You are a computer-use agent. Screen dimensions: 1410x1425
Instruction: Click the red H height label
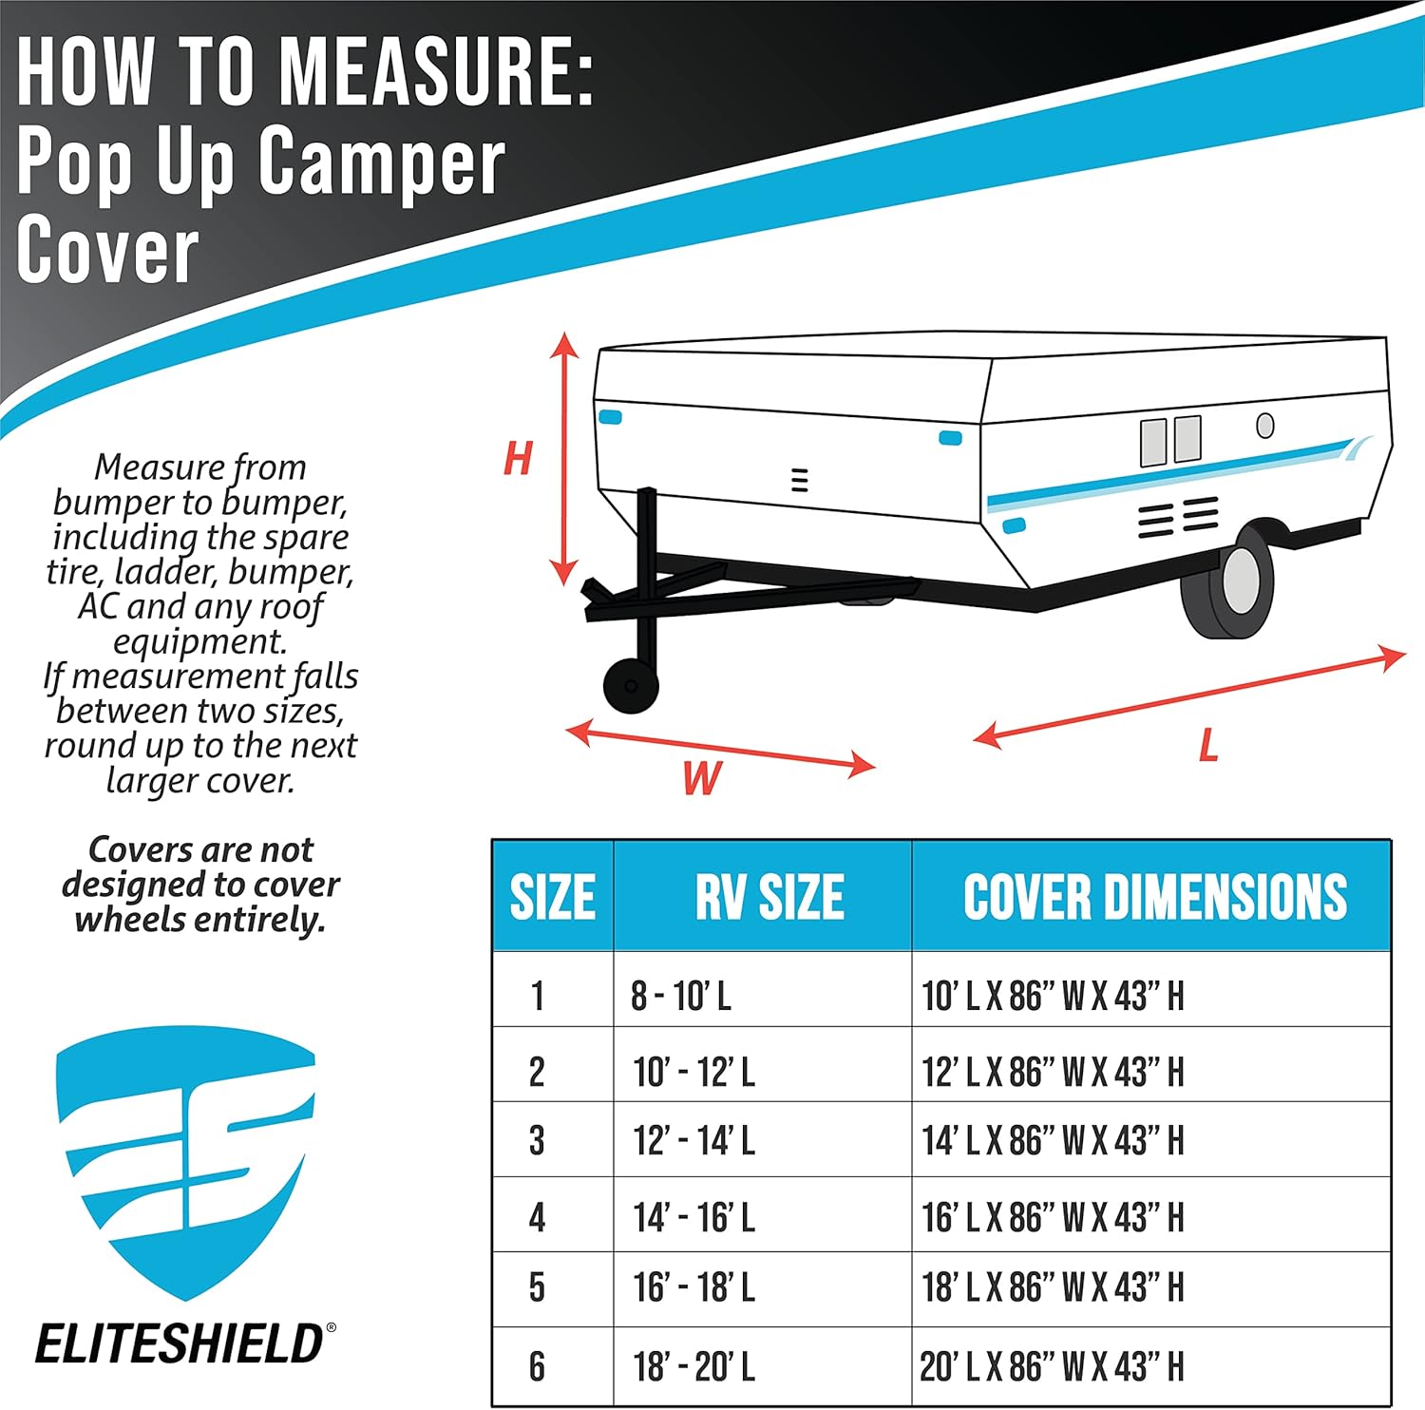click(518, 459)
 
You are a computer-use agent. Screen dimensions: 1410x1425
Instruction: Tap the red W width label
click(702, 778)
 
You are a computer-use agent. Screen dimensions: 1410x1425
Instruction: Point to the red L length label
click(1208, 745)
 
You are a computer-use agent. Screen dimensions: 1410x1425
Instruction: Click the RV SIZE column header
click(769, 897)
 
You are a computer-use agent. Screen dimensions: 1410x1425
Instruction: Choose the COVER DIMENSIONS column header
click(1154, 897)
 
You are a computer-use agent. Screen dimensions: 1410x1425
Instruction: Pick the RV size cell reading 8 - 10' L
click(681, 996)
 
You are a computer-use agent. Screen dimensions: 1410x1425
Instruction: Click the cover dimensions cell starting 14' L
click(1053, 1140)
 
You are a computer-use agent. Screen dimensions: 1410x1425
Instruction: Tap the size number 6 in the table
click(537, 1366)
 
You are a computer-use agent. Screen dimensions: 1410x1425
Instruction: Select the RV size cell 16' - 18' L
click(693, 1287)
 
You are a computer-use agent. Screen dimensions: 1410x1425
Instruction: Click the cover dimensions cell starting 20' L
click(1052, 1366)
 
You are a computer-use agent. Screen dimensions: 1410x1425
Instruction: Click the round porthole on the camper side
click(1264, 425)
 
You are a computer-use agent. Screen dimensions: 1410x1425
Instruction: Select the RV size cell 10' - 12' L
click(693, 1072)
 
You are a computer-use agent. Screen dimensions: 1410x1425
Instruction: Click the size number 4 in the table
click(537, 1217)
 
